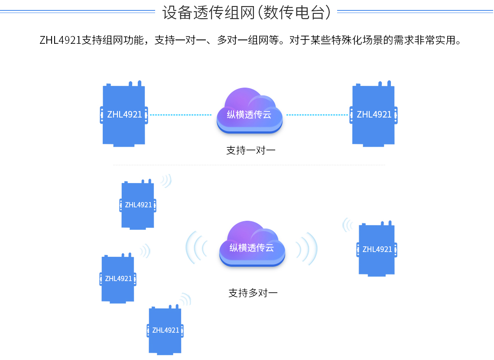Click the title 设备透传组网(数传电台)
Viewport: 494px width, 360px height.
247,13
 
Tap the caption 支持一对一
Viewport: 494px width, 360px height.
251,151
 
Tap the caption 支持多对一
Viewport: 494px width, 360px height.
253,293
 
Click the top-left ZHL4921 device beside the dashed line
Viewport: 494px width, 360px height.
124,115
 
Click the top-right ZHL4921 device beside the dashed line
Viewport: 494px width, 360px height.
374,115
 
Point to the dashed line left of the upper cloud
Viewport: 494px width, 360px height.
180,115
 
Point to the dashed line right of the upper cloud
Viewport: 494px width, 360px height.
317,115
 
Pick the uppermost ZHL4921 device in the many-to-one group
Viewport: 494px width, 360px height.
138,205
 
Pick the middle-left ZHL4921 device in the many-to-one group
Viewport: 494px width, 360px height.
118,278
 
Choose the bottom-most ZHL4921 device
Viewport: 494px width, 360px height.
166,330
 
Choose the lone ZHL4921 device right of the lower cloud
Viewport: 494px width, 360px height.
377,249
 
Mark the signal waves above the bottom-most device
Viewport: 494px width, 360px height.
185,300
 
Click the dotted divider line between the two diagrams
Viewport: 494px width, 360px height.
249,165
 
